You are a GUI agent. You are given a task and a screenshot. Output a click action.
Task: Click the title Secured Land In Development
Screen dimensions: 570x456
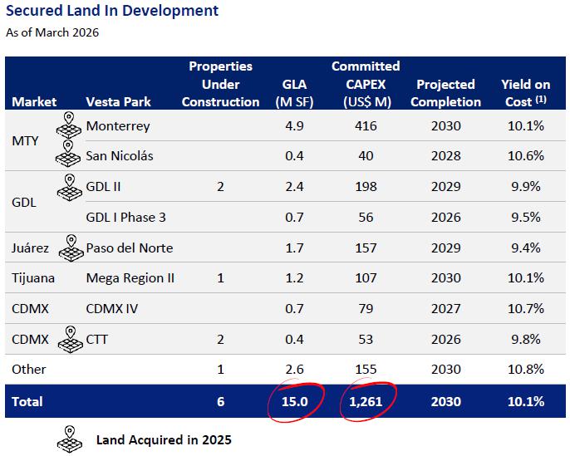point(112,11)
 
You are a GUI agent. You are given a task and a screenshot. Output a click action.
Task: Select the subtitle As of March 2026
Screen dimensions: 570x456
point(52,32)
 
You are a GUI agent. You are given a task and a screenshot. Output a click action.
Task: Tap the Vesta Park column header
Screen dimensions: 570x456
point(118,101)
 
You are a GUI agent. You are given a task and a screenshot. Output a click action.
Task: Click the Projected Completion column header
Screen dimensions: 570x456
point(445,93)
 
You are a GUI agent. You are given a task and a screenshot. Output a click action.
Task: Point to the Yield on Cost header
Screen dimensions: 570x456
point(526,93)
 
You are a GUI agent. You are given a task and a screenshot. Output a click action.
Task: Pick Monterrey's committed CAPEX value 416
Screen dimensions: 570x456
point(366,125)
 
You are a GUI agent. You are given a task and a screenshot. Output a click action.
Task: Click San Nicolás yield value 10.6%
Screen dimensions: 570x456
point(526,156)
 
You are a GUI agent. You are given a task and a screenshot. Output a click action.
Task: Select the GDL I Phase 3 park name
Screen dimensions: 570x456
point(125,218)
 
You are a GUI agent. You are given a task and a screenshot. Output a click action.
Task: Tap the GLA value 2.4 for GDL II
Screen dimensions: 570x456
point(294,186)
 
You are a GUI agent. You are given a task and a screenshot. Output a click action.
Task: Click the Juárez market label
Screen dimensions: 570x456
point(30,248)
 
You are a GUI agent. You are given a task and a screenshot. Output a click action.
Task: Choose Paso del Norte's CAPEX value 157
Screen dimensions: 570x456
point(366,248)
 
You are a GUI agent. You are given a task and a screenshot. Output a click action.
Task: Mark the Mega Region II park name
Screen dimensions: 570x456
point(130,278)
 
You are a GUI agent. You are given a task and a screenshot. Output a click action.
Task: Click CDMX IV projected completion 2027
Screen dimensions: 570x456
point(446,309)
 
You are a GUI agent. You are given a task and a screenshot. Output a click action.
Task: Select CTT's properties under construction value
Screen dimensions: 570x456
point(220,340)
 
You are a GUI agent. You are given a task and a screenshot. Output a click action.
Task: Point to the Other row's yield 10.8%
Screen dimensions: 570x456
point(526,369)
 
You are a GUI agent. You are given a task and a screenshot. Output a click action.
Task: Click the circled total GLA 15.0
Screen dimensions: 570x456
point(294,401)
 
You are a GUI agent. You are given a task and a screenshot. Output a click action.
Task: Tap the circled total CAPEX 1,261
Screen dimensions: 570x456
point(366,401)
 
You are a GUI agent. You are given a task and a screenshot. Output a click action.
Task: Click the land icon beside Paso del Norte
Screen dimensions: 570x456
point(71,248)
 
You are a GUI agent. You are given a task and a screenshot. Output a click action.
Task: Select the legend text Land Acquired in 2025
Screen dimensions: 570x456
point(164,440)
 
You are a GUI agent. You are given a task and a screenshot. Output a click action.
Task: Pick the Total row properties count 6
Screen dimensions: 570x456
point(220,401)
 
